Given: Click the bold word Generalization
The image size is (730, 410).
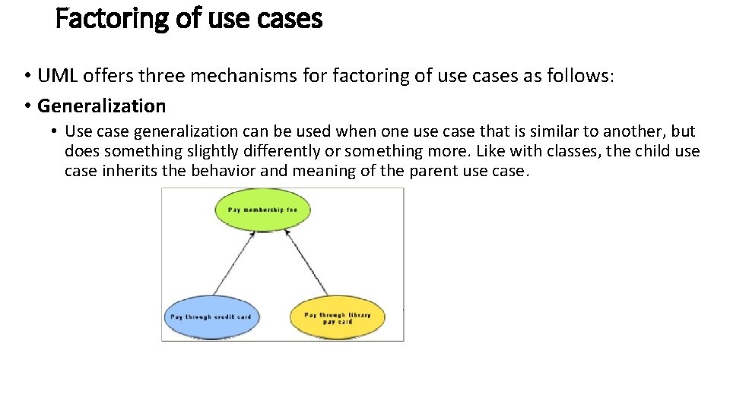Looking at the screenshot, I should coord(101,106).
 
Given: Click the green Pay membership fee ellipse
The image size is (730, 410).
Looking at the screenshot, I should coord(263,210).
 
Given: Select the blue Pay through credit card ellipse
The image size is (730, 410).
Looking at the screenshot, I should coord(211,316).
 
